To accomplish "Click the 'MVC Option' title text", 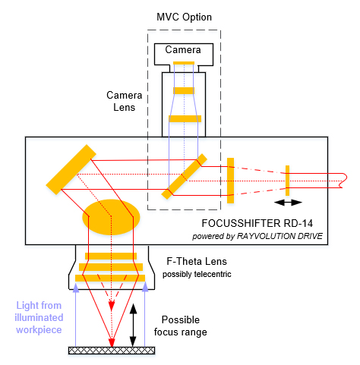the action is tap(184, 17).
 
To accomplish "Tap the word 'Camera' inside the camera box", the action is tap(183, 49).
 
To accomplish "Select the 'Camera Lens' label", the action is tap(124, 101).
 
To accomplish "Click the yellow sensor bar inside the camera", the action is tap(184, 63).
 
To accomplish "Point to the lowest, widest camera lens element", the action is tap(185, 118).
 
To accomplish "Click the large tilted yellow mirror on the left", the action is tap(71, 169).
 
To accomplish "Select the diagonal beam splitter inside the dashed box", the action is tap(185, 177).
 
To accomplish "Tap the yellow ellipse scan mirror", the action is tap(111, 217).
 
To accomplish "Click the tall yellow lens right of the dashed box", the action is tap(230, 181).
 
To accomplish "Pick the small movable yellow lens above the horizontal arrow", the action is tap(287, 181).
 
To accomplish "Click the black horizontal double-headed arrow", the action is tap(288, 203).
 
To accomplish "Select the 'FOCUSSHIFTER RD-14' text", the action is tap(257, 223).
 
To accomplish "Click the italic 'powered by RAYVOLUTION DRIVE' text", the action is tap(257, 236).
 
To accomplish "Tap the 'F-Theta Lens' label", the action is tap(197, 261).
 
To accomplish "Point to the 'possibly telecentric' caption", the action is tap(197, 274).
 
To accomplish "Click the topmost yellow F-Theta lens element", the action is tap(111, 256).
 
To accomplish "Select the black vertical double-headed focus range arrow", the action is tap(133, 325).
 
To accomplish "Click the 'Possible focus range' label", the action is tap(181, 326).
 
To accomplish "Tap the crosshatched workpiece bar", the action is tap(112, 351).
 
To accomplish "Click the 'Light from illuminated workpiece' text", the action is tap(39, 317).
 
